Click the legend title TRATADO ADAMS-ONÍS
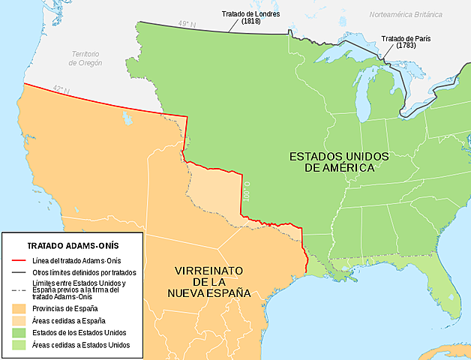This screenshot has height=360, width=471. (x=73, y=245)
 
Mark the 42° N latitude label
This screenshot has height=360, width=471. (x=61, y=91)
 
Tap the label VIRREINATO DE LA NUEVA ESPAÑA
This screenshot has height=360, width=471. (x=213, y=281)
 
